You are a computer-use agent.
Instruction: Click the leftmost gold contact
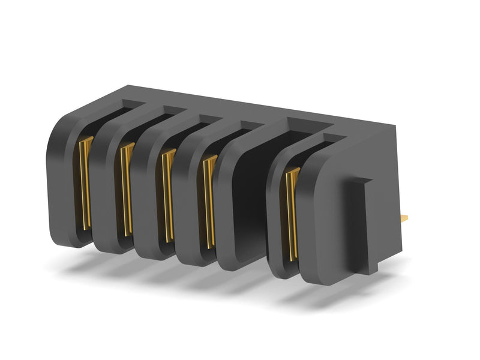[85, 183]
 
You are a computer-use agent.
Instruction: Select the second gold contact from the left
[126, 189]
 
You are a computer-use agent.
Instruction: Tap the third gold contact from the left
[167, 195]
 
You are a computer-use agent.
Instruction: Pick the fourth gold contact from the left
[209, 201]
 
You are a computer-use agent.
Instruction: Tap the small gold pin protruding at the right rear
[404, 217]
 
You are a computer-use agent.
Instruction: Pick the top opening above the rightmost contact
[324, 141]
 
